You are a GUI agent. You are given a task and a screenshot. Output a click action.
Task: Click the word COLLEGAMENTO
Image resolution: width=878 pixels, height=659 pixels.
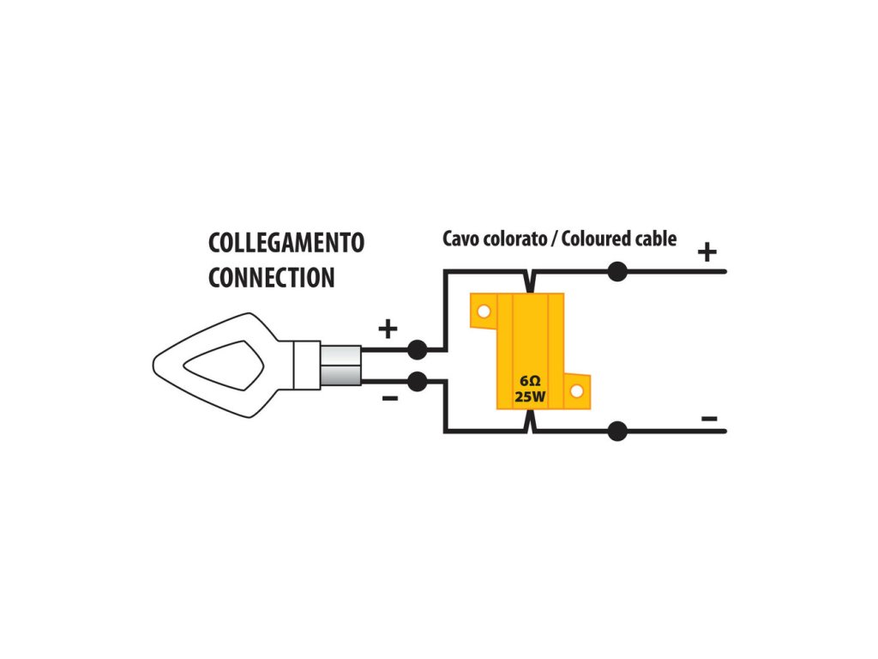coord(286,243)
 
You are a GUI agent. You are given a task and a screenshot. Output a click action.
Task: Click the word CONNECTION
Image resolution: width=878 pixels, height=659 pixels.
coord(271,278)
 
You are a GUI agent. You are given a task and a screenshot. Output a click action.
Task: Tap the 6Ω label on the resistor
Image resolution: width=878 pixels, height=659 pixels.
coord(529,380)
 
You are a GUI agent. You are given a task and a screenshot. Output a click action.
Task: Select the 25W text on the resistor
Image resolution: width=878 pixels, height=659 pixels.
coord(529,397)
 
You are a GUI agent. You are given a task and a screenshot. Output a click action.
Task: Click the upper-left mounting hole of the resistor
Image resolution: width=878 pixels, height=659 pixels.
coord(484,311)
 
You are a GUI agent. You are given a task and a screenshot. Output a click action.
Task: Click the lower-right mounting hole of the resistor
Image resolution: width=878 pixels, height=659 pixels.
coord(576,391)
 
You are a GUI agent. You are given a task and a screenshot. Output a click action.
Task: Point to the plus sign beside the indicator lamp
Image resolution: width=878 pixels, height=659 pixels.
coord(388,328)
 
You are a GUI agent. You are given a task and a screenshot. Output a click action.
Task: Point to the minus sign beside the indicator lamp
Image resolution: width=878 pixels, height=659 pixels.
coord(388,398)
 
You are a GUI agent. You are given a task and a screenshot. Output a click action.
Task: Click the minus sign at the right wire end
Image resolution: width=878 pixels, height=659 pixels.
coord(709,419)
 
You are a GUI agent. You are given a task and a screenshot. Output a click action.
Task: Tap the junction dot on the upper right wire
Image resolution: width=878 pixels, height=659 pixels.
coord(616,272)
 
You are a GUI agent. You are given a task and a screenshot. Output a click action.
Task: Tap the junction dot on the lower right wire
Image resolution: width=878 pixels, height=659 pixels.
coord(616,431)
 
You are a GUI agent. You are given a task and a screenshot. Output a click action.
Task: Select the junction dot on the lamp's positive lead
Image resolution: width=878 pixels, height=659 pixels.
coord(417,349)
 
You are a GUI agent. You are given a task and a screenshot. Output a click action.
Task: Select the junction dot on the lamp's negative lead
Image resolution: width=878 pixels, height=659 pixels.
coord(417,380)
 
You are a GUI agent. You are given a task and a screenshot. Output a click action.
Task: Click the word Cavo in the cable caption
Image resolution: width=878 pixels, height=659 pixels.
coord(460,239)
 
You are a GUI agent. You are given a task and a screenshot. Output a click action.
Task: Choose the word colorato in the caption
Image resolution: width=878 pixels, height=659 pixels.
coord(513,239)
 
